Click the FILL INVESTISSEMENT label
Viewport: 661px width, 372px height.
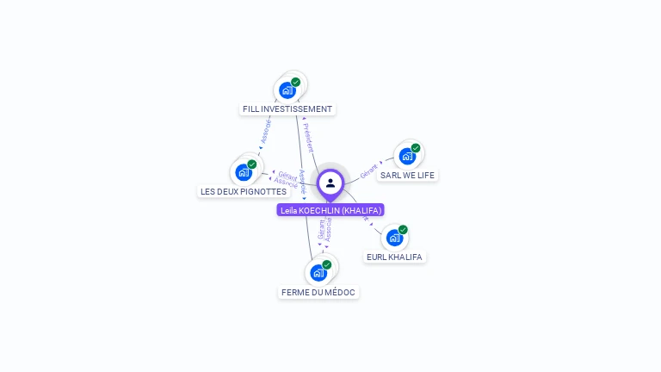(x=287, y=109)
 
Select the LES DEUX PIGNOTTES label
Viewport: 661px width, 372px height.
(x=243, y=191)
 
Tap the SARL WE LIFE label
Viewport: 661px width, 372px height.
(x=408, y=175)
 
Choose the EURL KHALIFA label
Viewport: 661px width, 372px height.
(x=395, y=257)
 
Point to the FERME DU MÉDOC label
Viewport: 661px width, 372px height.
(x=318, y=293)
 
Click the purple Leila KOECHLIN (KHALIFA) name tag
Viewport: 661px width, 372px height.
(x=330, y=210)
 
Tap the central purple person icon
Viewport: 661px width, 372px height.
(x=330, y=183)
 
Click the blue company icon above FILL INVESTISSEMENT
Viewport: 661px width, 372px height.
(x=287, y=90)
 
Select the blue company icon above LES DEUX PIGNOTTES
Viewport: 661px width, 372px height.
(x=244, y=172)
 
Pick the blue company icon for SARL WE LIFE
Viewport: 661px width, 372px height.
(x=406, y=156)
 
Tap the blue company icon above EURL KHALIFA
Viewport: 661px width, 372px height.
(x=393, y=238)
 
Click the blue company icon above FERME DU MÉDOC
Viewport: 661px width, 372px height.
(x=318, y=273)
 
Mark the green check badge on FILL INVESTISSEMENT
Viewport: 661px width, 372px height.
(x=296, y=82)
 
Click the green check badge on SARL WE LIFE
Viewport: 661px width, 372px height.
(x=416, y=148)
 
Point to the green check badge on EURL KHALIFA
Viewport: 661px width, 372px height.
(x=403, y=230)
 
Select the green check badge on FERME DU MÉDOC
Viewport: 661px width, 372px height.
(x=327, y=265)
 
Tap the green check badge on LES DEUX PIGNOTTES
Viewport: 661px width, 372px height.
(x=252, y=164)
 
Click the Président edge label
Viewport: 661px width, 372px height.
(x=308, y=138)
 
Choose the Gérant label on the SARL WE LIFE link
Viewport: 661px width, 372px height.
(x=369, y=170)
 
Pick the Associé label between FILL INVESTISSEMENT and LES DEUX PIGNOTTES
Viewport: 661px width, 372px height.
(x=266, y=130)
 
